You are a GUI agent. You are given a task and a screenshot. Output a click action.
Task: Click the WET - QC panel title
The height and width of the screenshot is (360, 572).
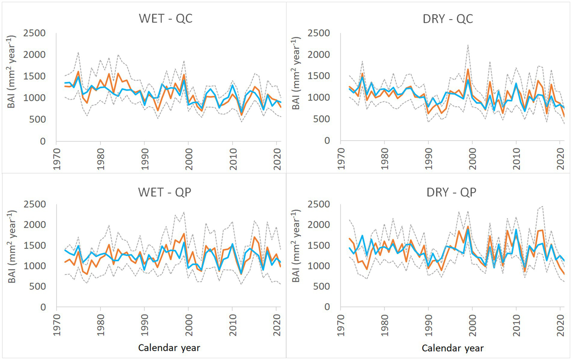[165, 19]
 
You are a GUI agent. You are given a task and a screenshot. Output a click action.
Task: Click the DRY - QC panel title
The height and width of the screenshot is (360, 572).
[448, 19]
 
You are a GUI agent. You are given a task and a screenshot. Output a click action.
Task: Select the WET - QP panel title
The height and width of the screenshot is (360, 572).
[165, 192]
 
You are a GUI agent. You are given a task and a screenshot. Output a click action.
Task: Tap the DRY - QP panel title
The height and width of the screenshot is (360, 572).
[451, 192]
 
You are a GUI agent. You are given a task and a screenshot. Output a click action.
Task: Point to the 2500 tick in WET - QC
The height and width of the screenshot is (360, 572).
[34, 33]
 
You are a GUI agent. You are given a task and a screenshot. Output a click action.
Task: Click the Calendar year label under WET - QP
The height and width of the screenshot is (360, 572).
[169, 348]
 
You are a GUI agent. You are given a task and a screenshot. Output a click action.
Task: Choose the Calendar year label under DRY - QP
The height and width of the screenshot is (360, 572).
[452, 348]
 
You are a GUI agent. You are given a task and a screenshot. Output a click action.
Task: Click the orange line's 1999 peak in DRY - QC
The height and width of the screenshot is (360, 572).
[468, 69]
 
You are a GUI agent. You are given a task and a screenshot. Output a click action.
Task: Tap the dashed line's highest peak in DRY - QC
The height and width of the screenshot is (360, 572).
[468, 45]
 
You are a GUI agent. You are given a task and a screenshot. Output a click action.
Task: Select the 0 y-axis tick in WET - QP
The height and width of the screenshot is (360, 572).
[43, 307]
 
